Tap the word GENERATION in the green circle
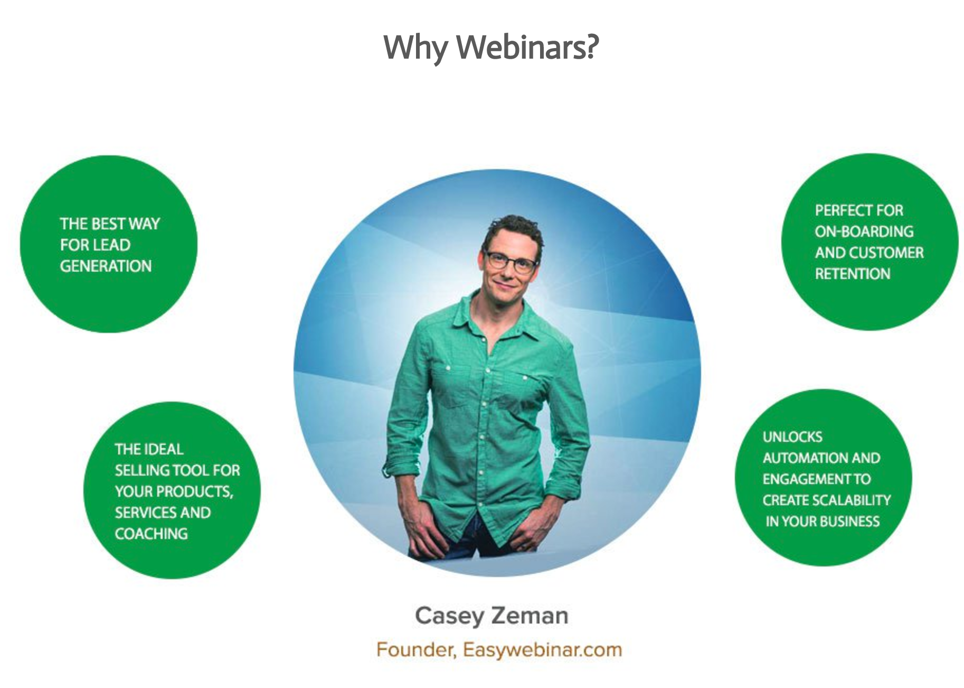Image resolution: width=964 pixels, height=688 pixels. pos(106,266)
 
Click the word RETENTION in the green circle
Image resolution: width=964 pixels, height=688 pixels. pos(853,274)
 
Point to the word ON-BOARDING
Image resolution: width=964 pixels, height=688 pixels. pos(864,231)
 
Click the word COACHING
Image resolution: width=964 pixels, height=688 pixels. pos(151,534)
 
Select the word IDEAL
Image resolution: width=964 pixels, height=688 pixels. pos(163,449)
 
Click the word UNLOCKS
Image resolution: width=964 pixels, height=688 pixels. pos(792,437)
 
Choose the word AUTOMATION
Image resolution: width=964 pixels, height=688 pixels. pos(799,458)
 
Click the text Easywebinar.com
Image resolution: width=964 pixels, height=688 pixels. pos(542,650)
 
